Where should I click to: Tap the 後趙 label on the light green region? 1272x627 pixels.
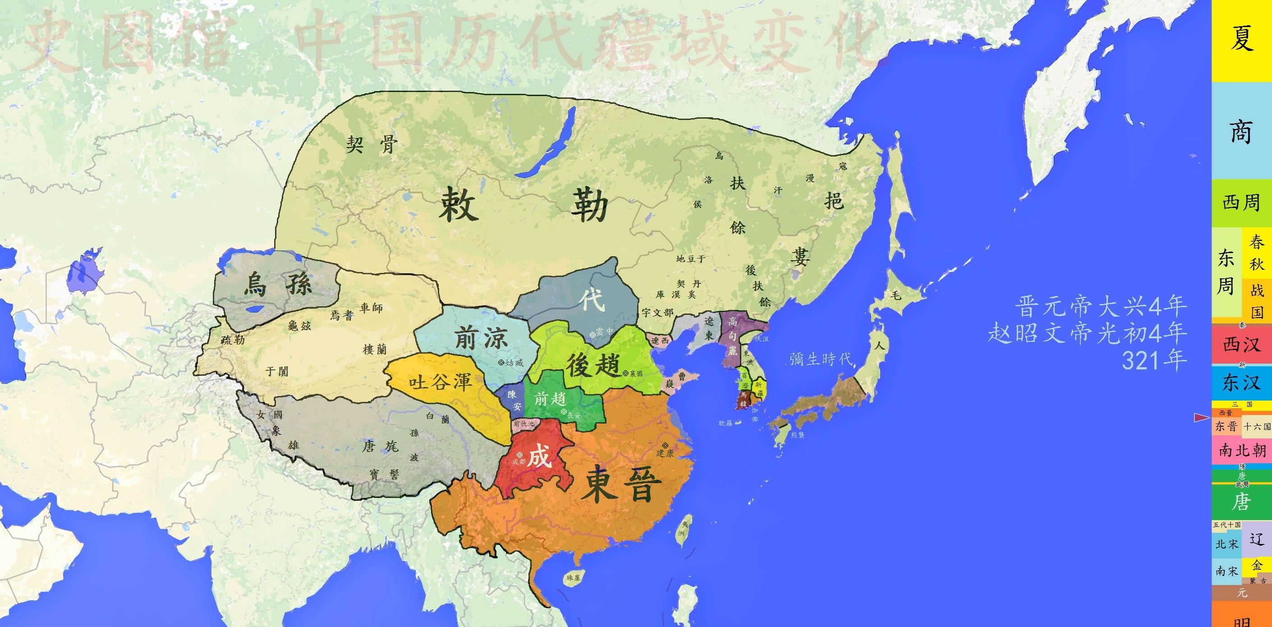592,366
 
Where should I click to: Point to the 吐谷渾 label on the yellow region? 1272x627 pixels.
441,382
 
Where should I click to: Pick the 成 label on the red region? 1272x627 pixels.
538,456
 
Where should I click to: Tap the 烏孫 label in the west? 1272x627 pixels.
278,285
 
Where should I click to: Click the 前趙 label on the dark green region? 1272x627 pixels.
550,398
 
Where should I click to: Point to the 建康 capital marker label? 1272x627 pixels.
665,452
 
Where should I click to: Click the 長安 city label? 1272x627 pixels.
573,415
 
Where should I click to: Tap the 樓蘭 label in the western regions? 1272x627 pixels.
375,349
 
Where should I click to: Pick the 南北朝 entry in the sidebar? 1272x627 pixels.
1241,451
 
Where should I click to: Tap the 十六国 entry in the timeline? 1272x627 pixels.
1257,426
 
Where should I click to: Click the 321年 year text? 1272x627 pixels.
1154,361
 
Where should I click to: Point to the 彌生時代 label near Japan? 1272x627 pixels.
821,359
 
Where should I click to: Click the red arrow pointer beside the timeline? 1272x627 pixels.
1201,418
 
